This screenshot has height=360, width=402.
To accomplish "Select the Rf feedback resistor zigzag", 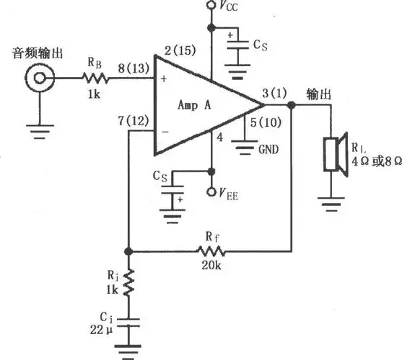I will point(213,251).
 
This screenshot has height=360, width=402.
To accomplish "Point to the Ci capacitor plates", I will point(128,325).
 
